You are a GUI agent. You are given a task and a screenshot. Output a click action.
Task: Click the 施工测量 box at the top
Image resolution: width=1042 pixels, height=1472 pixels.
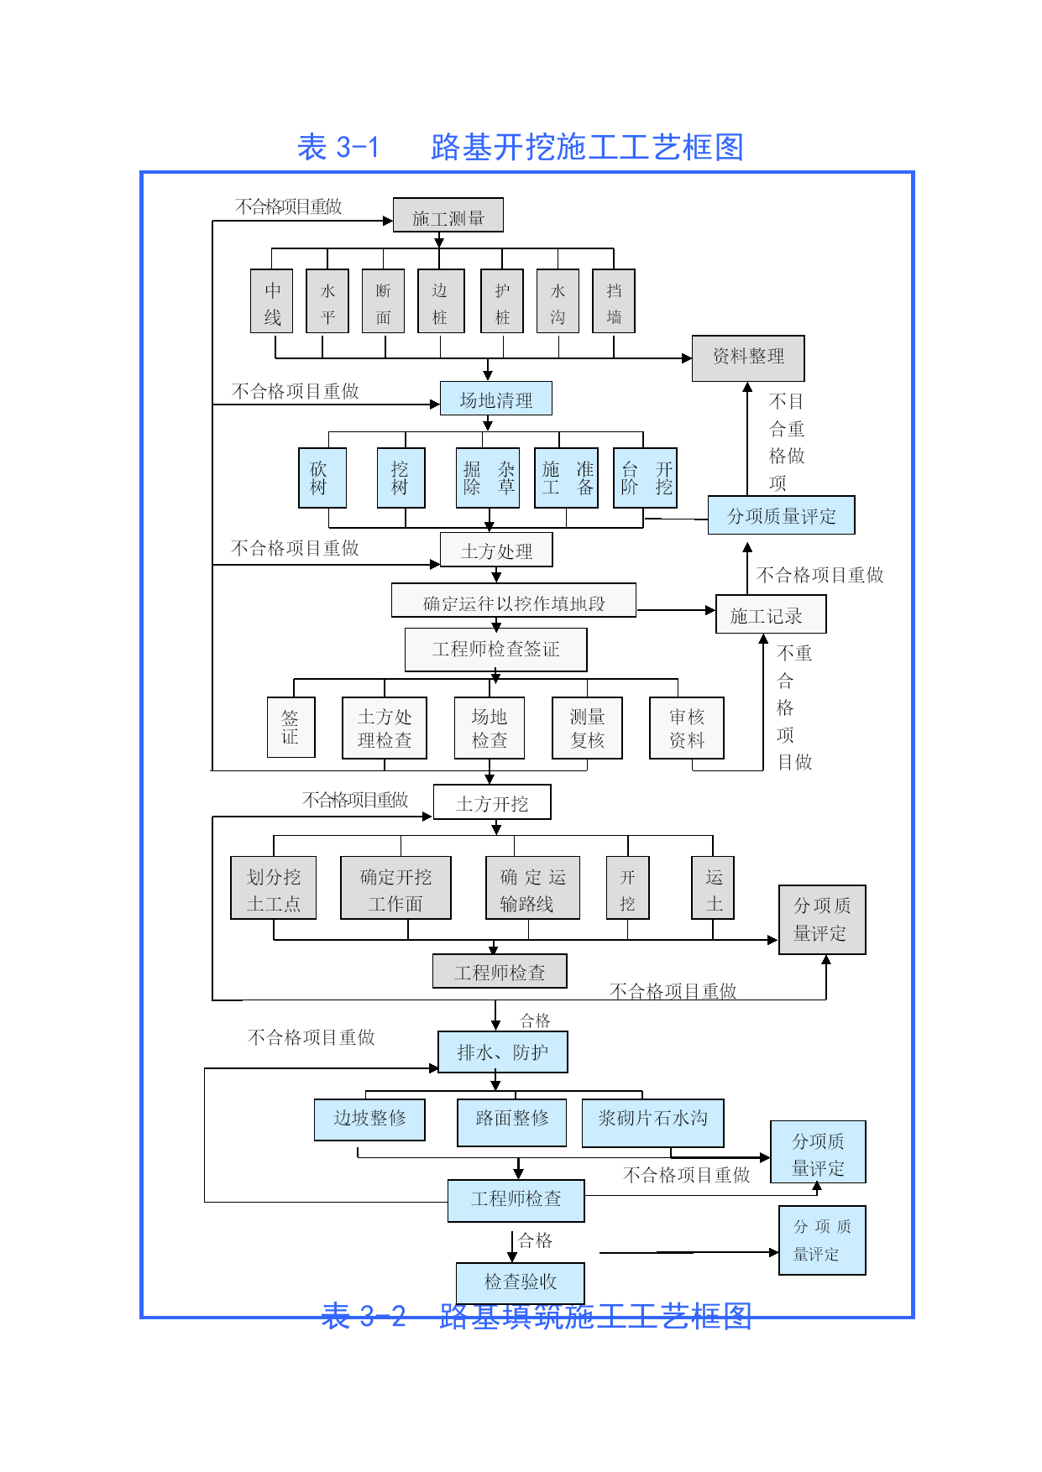(448, 216)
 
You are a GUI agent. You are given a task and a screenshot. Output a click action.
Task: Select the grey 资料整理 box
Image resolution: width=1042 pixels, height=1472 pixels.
(747, 358)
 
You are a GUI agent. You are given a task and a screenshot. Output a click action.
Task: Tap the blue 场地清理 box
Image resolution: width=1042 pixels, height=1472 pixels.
(495, 399)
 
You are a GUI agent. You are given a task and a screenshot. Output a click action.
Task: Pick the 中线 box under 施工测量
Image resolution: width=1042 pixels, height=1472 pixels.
(271, 301)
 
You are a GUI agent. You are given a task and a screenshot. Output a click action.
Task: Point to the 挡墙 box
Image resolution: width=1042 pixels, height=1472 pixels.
(614, 301)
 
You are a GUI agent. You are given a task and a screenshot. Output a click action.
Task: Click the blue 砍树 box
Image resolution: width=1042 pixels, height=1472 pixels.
(322, 478)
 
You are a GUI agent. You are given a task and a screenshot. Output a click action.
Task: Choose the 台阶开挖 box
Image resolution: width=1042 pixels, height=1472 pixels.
(645, 478)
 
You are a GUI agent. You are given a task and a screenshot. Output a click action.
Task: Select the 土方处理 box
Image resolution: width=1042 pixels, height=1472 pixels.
(496, 551)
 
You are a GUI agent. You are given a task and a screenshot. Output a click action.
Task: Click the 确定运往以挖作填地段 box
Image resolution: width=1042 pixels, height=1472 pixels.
(513, 601)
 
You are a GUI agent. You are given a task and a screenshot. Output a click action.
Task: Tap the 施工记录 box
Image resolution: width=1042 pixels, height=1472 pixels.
(770, 615)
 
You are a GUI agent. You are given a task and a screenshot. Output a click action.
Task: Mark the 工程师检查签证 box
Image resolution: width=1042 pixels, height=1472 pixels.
(495, 650)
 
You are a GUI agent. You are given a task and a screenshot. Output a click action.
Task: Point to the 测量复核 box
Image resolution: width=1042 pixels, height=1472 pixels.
(587, 728)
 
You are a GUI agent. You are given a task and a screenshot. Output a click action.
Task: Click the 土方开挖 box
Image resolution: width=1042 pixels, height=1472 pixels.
(492, 802)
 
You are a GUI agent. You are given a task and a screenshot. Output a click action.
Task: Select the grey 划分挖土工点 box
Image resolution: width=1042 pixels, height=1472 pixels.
(273, 888)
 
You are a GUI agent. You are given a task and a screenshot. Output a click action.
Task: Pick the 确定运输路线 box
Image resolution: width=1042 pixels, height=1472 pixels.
(532, 888)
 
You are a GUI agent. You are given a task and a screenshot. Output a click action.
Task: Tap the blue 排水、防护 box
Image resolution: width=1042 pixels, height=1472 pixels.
(502, 1052)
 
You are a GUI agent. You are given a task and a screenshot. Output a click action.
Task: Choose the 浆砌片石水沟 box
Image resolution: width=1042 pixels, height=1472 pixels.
(652, 1123)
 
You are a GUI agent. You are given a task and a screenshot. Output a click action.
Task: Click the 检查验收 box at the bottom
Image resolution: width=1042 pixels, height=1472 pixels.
(520, 1281)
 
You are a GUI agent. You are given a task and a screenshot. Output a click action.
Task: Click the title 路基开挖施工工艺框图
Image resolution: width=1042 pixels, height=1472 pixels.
(587, 147)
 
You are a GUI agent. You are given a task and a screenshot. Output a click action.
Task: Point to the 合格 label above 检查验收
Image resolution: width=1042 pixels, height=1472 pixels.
(535, 1240)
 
